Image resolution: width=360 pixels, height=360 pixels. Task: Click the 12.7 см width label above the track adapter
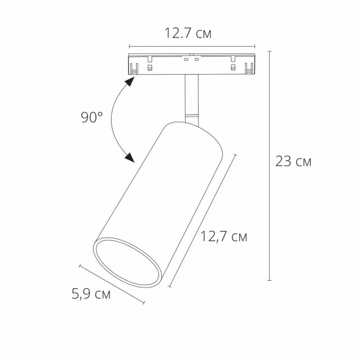click(188, 34)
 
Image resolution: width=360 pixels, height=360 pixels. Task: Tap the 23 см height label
click(293, 161)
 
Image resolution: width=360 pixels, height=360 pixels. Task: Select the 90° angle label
click(92, 117)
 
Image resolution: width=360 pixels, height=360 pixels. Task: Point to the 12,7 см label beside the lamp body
click(224, 237)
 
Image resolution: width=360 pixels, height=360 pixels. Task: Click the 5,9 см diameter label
click(91, 295)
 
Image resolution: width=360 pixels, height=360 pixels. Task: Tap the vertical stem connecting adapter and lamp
click(191, 95)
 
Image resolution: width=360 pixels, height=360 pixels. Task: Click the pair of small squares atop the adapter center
click(192, 60)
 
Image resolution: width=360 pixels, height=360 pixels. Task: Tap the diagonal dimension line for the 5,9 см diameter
click(112, 284)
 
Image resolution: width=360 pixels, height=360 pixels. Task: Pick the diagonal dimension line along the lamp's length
click(203, 220)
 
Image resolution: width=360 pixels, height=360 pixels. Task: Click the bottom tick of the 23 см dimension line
click(269, 280)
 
